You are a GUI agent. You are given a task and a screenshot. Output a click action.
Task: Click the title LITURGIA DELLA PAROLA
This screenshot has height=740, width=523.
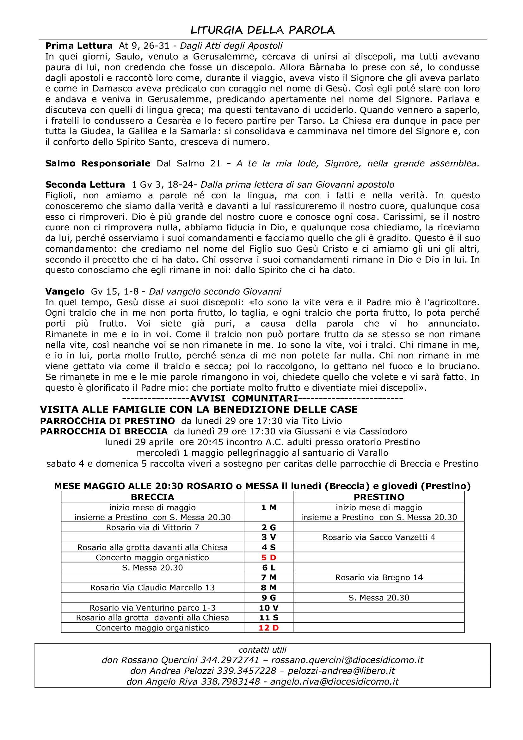point(262,30)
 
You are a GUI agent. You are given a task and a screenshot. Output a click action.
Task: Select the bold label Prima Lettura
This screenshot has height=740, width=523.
point(79,46)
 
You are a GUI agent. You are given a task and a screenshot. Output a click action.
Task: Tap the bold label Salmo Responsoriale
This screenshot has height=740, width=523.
point(98,163)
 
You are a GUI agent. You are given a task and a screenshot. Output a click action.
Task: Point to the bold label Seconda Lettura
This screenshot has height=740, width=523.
point(85,185)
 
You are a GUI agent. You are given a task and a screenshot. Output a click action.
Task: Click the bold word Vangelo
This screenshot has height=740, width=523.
point(65,292)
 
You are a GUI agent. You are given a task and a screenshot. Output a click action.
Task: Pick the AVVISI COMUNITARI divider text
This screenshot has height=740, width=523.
point(244,399)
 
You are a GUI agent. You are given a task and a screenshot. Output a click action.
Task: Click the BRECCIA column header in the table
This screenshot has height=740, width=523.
point(152,497)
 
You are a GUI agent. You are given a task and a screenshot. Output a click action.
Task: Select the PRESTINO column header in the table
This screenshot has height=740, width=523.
point(379,497)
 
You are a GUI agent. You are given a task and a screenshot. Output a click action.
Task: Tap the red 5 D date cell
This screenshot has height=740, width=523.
point(268,557)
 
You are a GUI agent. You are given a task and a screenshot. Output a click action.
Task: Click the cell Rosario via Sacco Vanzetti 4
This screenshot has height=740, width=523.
point(379,537)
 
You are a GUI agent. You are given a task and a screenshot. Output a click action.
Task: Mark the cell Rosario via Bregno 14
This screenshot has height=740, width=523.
point(379,578)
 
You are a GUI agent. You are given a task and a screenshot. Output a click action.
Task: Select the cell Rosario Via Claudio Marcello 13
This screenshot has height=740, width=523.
point(152,588)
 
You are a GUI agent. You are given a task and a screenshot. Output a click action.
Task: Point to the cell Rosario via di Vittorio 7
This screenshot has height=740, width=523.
point(152,528)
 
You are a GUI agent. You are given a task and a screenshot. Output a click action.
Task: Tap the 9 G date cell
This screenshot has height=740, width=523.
point(268,598)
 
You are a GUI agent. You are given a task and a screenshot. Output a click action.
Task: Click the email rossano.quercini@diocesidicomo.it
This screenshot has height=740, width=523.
point(347,660)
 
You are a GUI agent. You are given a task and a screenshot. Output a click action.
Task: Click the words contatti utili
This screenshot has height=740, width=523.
point(262,650)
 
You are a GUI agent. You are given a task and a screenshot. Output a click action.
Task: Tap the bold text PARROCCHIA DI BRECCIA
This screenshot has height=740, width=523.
point(104,432)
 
